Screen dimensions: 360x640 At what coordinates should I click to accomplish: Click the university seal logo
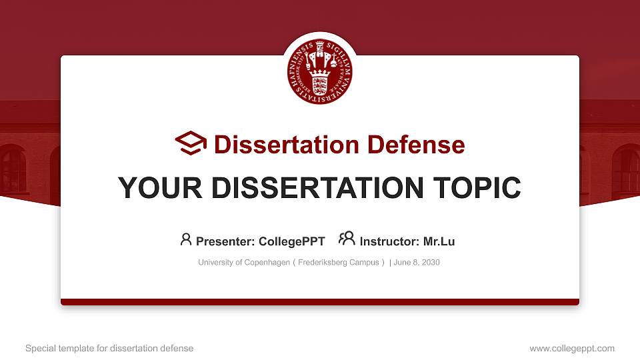(x=320, y=72)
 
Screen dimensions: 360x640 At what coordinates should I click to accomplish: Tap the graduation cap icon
(x=191, y=143)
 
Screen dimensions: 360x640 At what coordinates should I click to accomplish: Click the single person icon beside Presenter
(x=186, y=239)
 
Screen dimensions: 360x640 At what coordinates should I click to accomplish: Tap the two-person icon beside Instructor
(x=347, y=239)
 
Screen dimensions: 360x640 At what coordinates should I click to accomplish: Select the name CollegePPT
(x=293, y=241)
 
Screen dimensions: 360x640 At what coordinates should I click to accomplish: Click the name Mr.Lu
(x=439, y=241)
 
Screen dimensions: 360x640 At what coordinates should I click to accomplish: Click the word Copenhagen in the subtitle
(x=266, y=263)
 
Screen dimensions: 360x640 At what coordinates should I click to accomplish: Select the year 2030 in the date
(x=430, y=263)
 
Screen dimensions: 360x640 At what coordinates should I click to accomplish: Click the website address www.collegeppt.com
(x=572, y=348)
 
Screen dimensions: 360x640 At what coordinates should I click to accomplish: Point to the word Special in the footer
(x=40, y=348)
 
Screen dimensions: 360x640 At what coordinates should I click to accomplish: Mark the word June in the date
(x=403, y=263)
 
